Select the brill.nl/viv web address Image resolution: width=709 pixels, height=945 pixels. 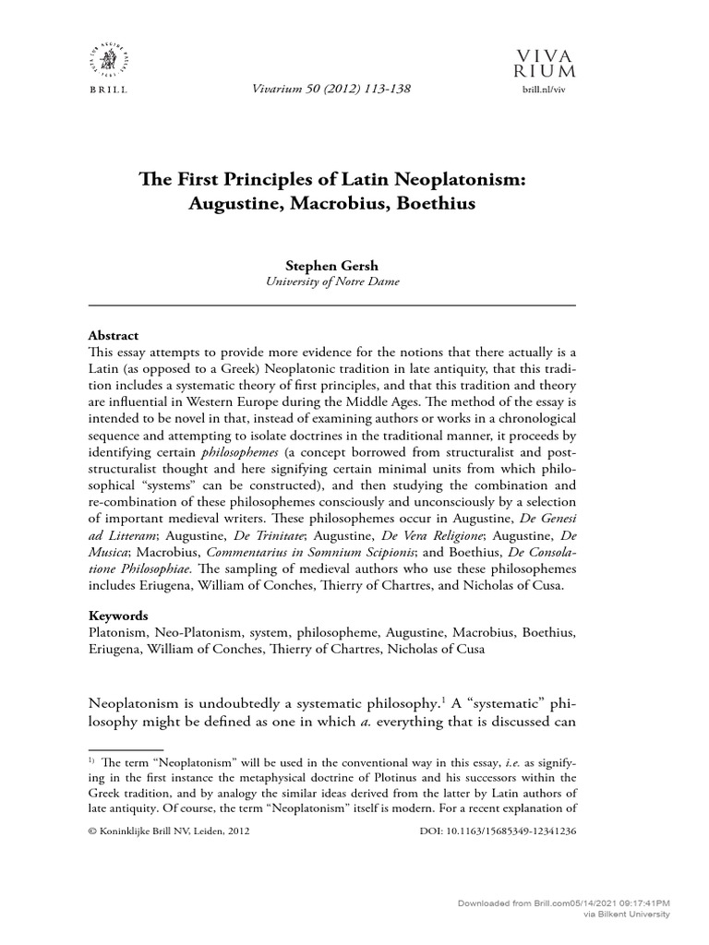[x=549, y=90]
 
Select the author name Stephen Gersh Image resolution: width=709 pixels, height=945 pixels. [x=331, y=265]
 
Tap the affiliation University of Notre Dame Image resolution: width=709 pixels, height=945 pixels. [x=331, y=281]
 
